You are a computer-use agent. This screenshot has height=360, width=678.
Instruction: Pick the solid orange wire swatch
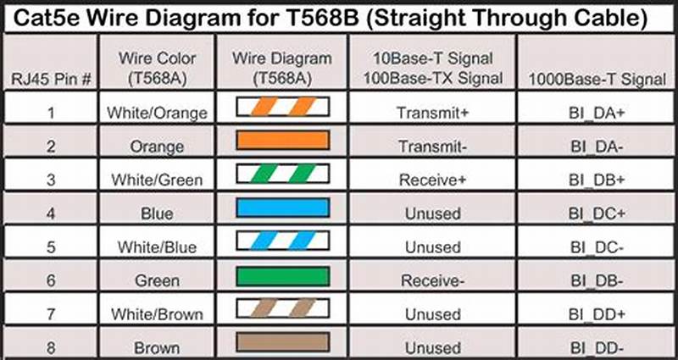(x=281, y=141)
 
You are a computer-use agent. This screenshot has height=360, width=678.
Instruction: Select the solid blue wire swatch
(x=281, y=209)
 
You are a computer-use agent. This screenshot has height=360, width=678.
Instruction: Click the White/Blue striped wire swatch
(x=281, y=243)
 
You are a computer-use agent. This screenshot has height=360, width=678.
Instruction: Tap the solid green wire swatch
(x=281, y=277)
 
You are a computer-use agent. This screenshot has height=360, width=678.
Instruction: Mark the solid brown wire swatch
(x=281, y=343)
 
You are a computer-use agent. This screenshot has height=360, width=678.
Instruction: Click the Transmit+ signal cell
(x=431, y=112)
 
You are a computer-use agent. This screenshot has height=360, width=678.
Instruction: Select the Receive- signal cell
(x=431, y=280)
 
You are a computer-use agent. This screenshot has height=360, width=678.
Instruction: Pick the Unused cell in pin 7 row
(x=431, y=314)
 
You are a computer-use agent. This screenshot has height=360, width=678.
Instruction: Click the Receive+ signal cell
(x=431, y=180)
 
